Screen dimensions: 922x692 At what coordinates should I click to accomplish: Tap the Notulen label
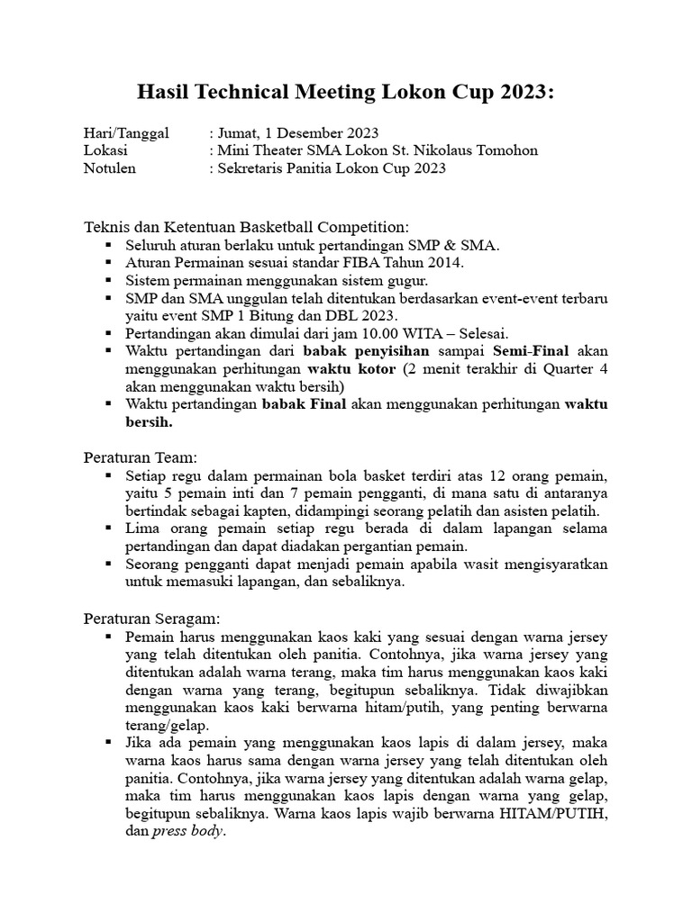point(110,168)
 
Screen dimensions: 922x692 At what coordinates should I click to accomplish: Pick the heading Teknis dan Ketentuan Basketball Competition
point(246,226)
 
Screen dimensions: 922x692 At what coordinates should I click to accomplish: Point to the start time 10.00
point(382,333)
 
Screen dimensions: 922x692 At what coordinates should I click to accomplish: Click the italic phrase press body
point(187,832)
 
